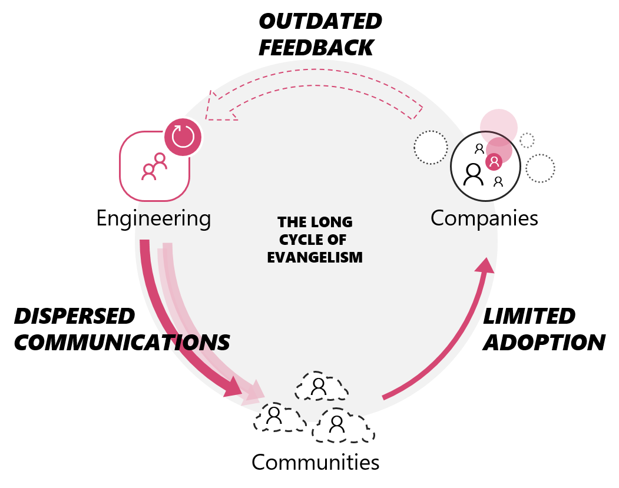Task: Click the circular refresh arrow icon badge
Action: (x=183, y=137)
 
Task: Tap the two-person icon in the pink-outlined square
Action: (x=154, y=167)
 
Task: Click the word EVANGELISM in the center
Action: (x=315, y=258)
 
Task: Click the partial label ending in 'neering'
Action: (x=171, y=218)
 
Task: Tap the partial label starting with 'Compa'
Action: (x=465, y=218)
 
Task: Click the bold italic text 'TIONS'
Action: (x=197, y=343)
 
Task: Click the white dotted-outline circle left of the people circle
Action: (x=431, y=147)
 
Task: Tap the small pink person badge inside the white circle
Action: (x=494, y=161)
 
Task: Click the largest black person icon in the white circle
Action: (x=473, y=175)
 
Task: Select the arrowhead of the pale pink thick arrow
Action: (x=255, y=391)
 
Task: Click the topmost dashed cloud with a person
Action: (x=320, y=387)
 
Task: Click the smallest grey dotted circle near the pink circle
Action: (x=527, y=141)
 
